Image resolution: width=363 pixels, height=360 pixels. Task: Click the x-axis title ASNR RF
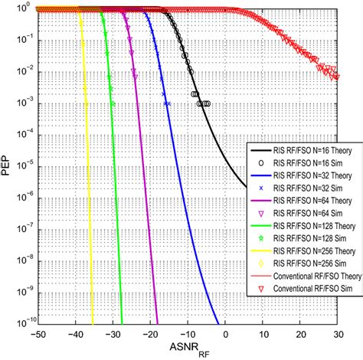point(184,352)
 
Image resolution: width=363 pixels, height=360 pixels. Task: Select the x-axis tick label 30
point(337,336)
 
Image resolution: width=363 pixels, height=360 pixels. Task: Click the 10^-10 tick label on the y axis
point(22,325)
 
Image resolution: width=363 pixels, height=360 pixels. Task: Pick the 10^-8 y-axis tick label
point(22,260)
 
